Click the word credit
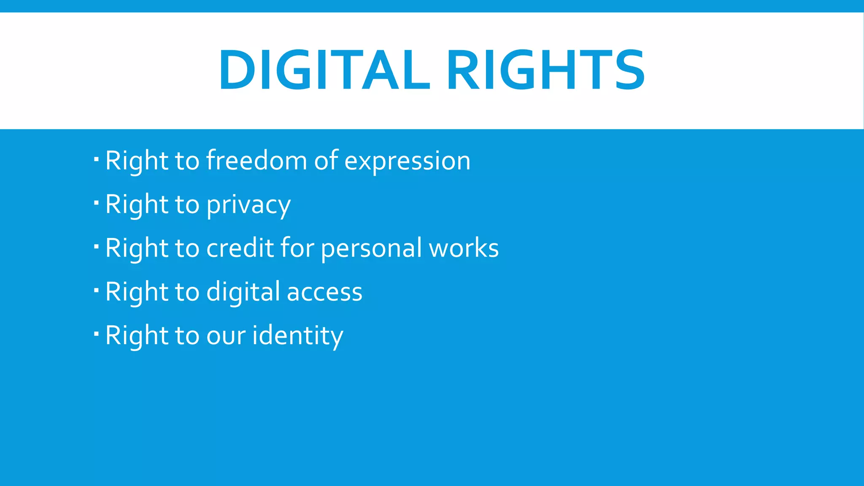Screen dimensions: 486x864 [x=240, y=248]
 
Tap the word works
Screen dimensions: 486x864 [x=464, y=248]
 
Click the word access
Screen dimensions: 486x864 [x=324, y=292]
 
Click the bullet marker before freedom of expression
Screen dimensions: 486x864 [x=96, y=159]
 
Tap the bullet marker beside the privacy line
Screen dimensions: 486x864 [x=96, y=203]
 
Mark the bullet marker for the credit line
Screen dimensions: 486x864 [x=96, y=247]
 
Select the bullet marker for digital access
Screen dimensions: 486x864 [x=96, y=290]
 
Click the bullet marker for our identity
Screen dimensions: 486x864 [x=96, y=334]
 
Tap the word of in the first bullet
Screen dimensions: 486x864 [x=326, y=161]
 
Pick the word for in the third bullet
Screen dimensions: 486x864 [x=297, y=248]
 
